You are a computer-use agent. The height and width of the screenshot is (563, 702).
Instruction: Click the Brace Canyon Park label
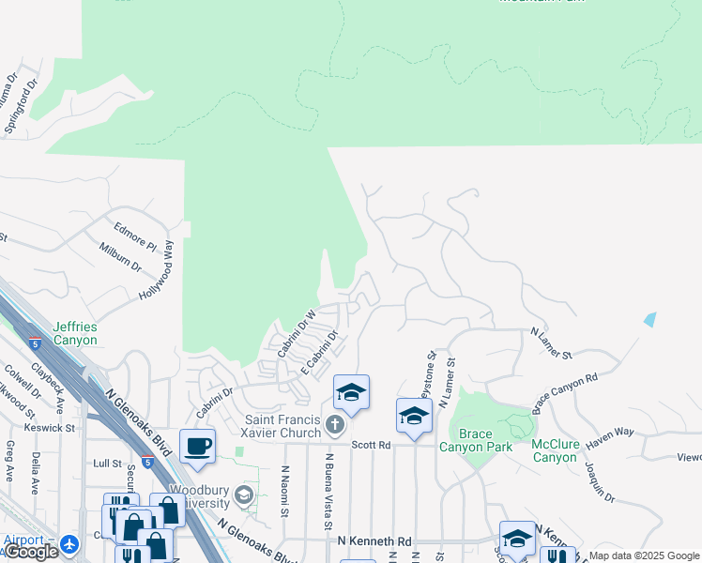click(481, 440)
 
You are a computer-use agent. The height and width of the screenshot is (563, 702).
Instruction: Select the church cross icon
click(334, 427)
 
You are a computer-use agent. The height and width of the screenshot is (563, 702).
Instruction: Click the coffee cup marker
click(197, 447)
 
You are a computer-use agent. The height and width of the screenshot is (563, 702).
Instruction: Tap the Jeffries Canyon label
click(75, 333)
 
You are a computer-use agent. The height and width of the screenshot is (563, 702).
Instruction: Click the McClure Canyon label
click(561, 450)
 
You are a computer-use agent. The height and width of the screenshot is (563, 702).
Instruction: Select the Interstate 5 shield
click(35, 343)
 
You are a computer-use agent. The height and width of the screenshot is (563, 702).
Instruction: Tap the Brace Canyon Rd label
click(565, 393)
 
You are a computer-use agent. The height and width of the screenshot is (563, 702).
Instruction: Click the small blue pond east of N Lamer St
click(650, 319)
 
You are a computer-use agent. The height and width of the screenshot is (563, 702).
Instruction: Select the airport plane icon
click(69, 543)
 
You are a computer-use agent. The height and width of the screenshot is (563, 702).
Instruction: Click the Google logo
click(30, 553)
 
